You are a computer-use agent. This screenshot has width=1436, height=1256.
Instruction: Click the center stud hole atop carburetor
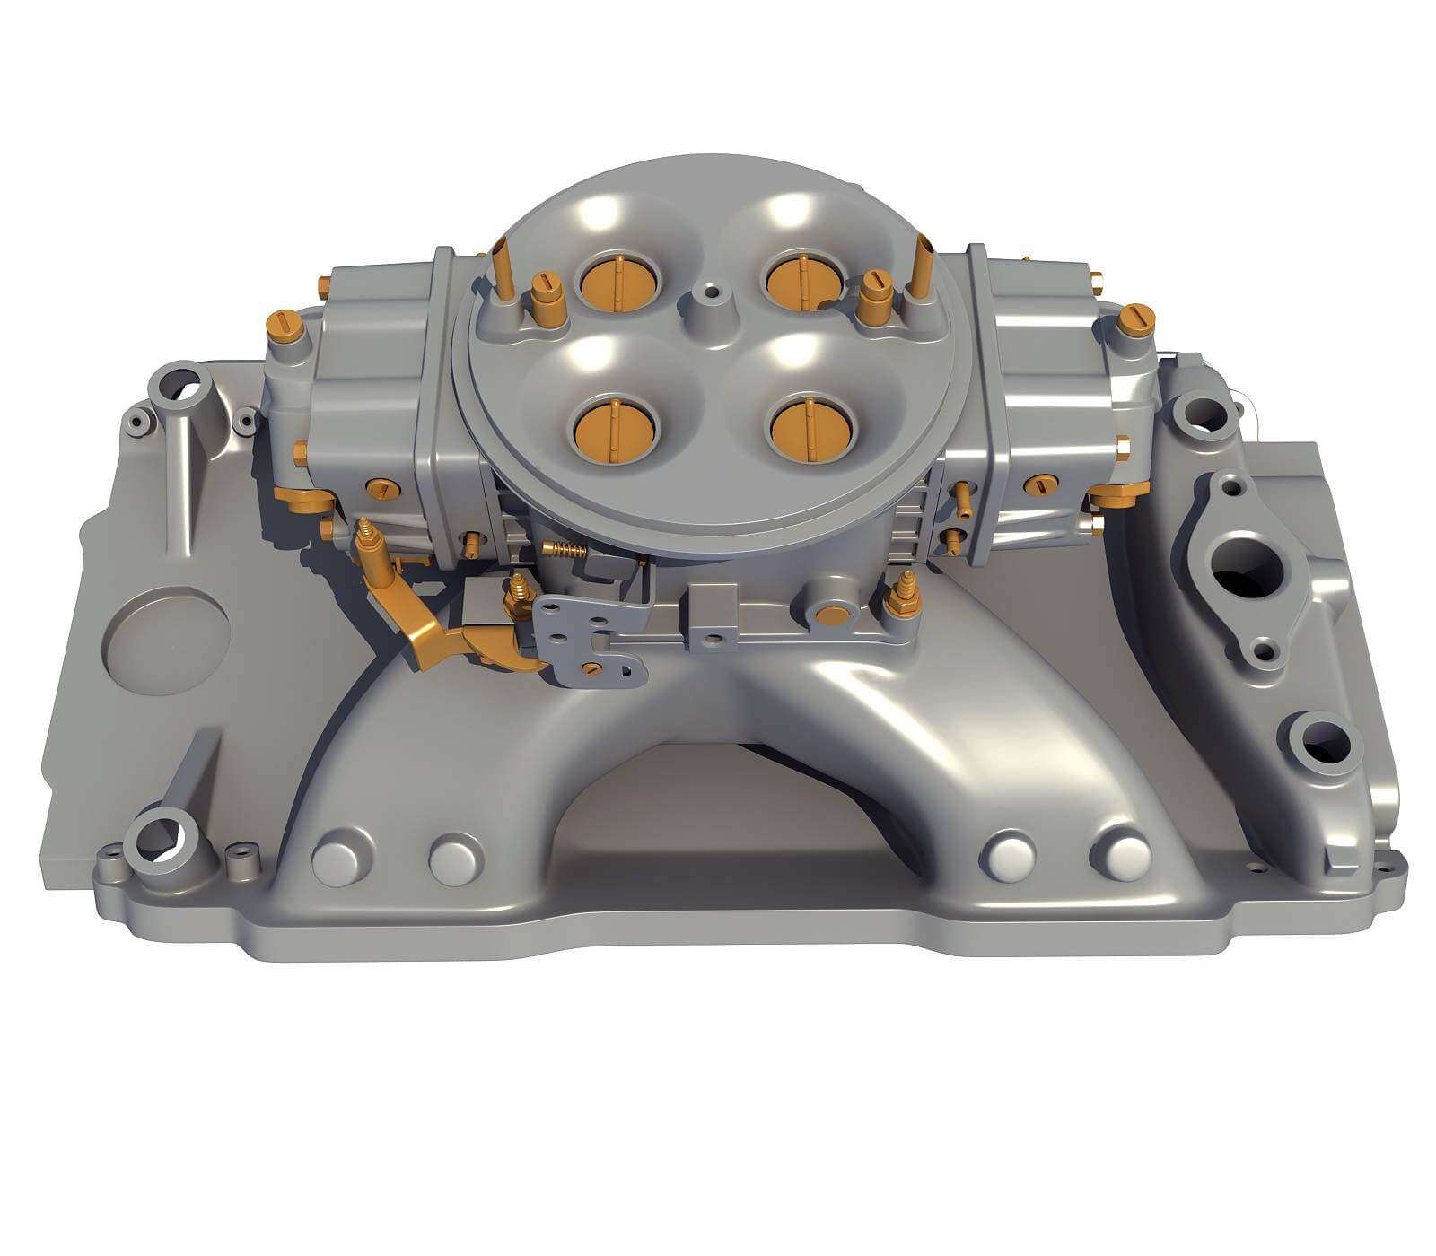pos(711,292)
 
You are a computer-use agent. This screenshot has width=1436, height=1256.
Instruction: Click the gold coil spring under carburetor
pos(563,550)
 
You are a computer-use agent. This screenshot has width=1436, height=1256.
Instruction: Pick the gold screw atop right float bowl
pos(1135,319)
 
